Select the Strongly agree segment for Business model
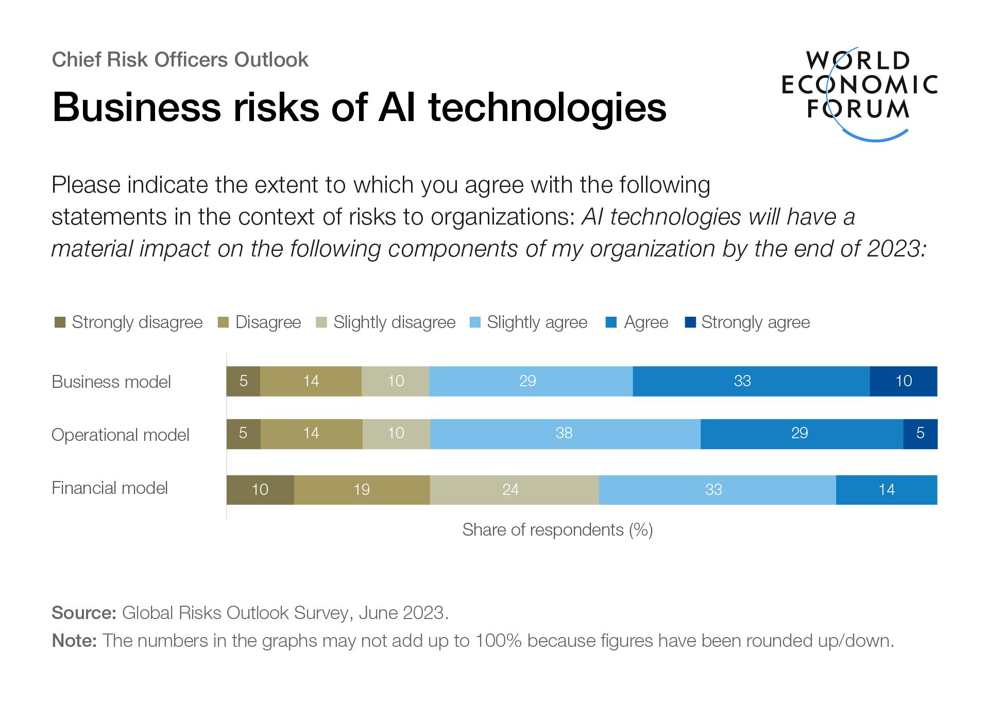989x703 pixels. [903, 381]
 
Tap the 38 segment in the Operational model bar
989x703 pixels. [565, 434]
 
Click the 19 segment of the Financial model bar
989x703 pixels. [362, 489]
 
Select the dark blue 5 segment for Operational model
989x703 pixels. [920, 434]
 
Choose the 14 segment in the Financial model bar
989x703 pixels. [886, 489]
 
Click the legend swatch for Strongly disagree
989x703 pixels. [60, 323]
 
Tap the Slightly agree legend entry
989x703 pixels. [537, 322]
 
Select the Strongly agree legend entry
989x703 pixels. [755, 322]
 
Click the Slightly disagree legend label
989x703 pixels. [394, 322]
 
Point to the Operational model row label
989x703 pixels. [121, 435]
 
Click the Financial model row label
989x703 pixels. [110, 488]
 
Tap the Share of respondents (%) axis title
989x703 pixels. [557, 530]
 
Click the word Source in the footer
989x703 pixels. [83, 613]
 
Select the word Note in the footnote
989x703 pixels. [74, 641]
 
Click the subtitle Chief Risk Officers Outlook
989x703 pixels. [180, 60]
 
